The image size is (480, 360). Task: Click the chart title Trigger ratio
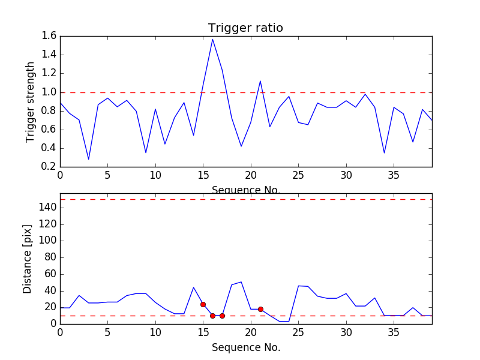coord(245,28)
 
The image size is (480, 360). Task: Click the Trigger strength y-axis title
coord(31,102)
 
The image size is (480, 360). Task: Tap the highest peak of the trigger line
coord(212,40)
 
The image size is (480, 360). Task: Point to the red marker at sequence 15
coord(203,304)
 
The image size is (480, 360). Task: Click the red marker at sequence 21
coord(260,309)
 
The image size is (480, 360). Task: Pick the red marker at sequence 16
coord(212,316)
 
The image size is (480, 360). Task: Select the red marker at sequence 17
coord(222,316)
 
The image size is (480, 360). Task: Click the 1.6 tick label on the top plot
coord(49,36)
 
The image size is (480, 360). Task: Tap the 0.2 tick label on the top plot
coord(49,167)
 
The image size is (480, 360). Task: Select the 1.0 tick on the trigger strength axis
coord(49,92)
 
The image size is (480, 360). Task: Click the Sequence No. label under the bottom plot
coord(245,347)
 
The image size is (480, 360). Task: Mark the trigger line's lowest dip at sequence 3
coord(89,159)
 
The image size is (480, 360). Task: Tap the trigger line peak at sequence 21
coord(260,81)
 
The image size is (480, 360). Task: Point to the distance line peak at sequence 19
coord(241,281)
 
